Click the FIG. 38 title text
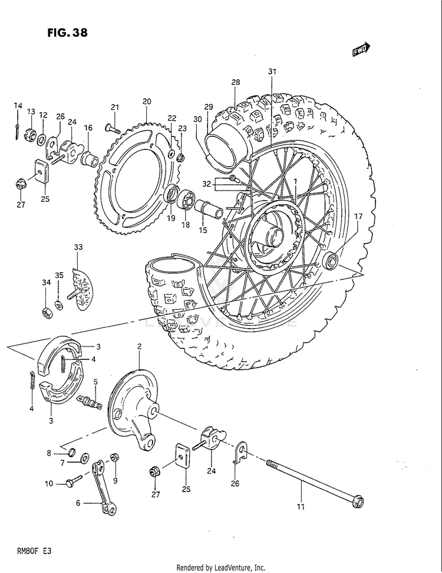coord(67,32)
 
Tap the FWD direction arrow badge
coord(361,51)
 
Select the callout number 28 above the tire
coord(236,83)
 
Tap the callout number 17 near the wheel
coord(358,217)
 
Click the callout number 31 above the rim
coord(272,71)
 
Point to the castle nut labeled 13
coord(30,135)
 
